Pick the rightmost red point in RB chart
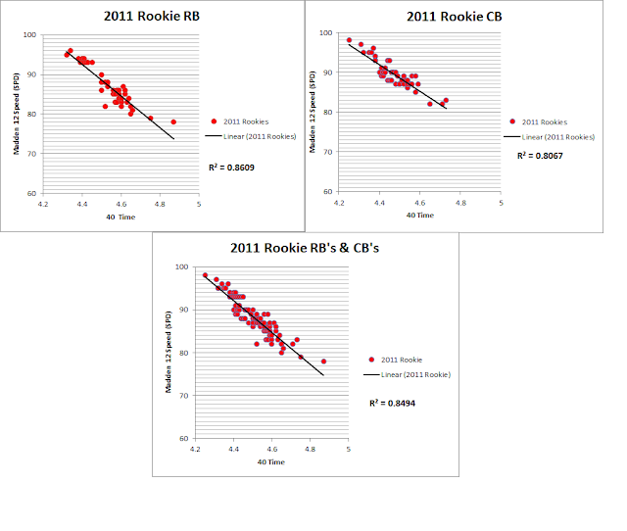coord(173,121)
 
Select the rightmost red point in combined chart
coord(323,362)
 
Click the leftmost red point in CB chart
coord(349,40)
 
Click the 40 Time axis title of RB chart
coord(121,217)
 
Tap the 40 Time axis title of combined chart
coord(271,461)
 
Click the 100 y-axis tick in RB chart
coord(29,35)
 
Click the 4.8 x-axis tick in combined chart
coord(310,449)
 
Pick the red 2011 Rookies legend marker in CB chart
coord(511,121)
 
